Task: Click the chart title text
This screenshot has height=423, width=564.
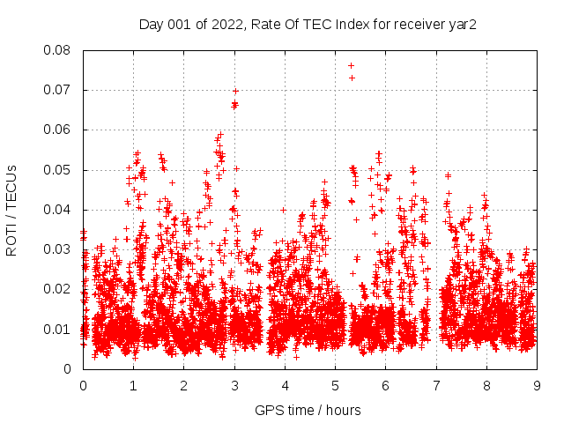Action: [x=308, y=25]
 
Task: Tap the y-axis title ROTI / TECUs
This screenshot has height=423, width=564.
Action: [x=11, y=210]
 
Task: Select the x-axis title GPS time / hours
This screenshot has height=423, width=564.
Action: [x=308, y=410]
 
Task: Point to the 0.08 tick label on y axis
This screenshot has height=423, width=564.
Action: [x=58, y=50]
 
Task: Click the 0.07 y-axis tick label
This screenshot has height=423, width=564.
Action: [x=58, y=90]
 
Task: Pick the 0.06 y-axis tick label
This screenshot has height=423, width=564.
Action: [x=58, y=130]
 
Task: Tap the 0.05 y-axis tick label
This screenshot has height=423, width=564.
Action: [x=58, y=169]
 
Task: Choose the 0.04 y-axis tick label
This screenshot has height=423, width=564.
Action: [x=58, y=210]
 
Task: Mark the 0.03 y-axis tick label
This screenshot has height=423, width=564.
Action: [x=58, y=249]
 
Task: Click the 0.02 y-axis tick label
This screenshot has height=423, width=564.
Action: [x=58, y=289]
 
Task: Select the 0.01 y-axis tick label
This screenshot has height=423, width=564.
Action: [x=58, y=329]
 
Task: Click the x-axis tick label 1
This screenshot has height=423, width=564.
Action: [x=133, y=386]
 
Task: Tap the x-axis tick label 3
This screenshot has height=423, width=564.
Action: [x=234, y=386]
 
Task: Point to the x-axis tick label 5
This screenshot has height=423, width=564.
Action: [x=335, y=386]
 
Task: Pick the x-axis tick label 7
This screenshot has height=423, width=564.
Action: [x=435, y=386]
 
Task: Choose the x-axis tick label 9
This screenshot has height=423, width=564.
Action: [x=537, y=386]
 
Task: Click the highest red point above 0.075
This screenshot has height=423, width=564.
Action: [x=351, y=65]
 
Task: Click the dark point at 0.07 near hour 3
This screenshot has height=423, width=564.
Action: [x=235, y=91]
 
